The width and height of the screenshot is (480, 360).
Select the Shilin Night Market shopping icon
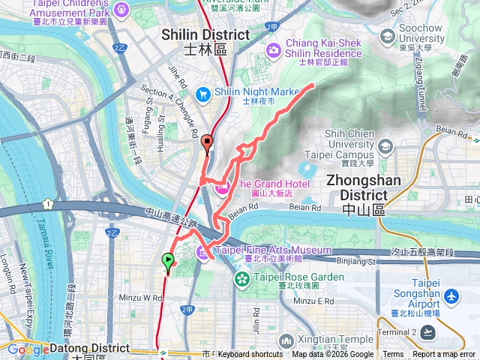(x=202, y=94)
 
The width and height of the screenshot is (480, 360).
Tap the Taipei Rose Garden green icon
(x=241, y=279)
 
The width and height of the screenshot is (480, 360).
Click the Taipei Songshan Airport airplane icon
(x=451, y=298)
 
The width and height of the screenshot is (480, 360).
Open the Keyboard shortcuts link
(x=250, y=355)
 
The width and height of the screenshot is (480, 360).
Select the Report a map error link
(x=445, y=355)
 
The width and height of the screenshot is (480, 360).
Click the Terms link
(x=393, y=355)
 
